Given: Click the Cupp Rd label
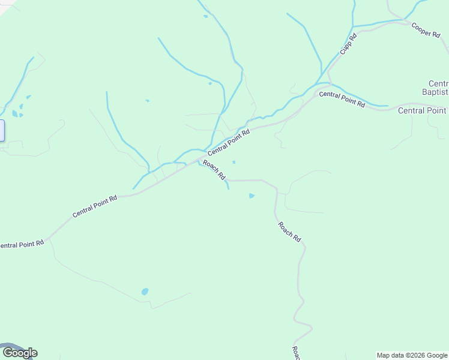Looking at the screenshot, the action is pyautogui.click(x=349, y=44).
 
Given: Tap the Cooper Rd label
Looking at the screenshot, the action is pyautogui.click(x=426, y=30).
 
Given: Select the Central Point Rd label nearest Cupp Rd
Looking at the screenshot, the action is pyautogui.click(x=342, y=99).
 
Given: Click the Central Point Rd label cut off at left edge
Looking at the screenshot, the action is pyautogui.click(x=22, y=245).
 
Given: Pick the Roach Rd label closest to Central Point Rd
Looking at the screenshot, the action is pyautogui.click(x=214, y=170).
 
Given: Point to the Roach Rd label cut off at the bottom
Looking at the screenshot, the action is pyautogui.click(x=295, y=353).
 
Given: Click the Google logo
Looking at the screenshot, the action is pyautogui.click(x=20, y=353).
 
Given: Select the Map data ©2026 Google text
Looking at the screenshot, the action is pyautogui.click(x=412, y=355).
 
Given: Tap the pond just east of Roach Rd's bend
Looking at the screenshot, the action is pyautogui.click(x=252, y=196).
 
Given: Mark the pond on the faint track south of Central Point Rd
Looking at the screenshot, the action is pyautogui.click(x=145, y=292).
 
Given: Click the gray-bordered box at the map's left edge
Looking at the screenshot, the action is pyautogui.click(x=2, y=131).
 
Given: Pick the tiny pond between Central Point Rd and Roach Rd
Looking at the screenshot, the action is pyautogui.click(x=234, y=161).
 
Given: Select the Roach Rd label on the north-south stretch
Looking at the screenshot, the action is pyautogui.click(x=289, y=232).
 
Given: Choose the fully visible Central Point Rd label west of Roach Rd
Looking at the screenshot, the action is pyautogui.click(x=94, y=206).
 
